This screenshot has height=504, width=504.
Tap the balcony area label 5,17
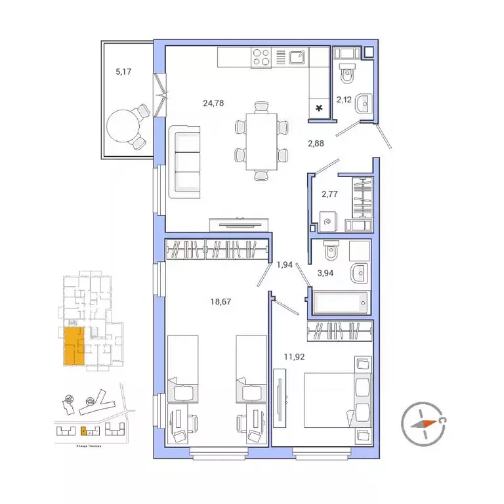coord(123,72)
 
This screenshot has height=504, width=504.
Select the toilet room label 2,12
coord(345,100)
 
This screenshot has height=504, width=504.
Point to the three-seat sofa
coord(185,161)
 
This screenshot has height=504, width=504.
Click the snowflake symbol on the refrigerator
coord(320,108)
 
